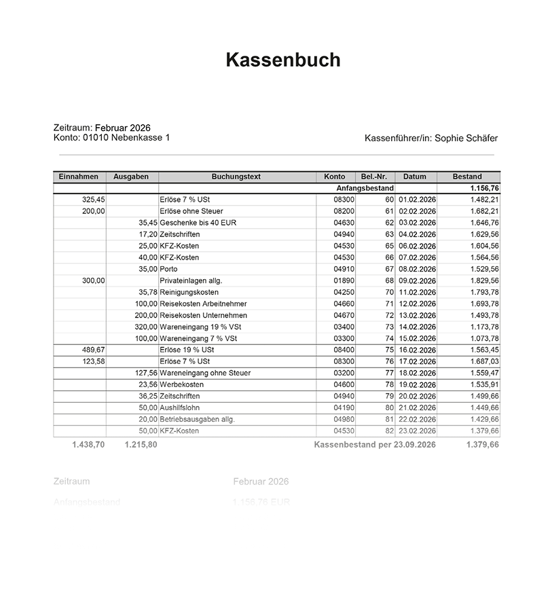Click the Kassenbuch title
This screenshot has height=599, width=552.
point(282,60)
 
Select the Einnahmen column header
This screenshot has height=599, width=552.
point(79,177)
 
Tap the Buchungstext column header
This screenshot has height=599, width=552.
point(236,177)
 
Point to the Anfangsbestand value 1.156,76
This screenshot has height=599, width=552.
point(484,188)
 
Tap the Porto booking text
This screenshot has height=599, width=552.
point(168,269)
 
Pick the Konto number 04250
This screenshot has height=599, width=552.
point(344,292)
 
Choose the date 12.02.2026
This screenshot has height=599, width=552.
point(417,304)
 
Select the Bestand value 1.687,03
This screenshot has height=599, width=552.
point(484,361)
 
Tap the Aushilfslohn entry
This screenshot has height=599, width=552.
point(179,407)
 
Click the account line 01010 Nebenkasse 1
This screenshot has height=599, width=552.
point(111,137)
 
